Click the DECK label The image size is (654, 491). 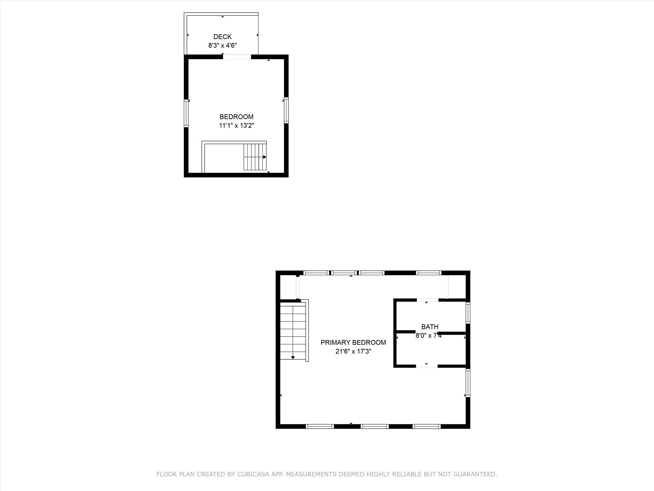[222, 37]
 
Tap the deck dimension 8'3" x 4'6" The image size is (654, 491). [222, 45]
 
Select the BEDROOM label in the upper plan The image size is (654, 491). [236, 117]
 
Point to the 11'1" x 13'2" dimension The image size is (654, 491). [236, 125]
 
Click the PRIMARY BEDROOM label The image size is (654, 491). [353, 342]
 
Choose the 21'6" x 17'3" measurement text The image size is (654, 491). [353, 351]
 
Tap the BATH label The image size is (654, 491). [430, 327]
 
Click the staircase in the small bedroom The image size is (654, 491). [255, 157]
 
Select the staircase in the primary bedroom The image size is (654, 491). [293, 332]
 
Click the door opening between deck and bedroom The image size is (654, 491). [237, 57]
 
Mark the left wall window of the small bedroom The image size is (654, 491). [186, 113]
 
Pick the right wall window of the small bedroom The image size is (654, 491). [286, 110]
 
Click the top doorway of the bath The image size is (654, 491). [427, 300]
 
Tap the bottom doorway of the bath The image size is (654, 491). [426, 366]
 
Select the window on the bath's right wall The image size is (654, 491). [468, 313]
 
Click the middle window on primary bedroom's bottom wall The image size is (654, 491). [374, 426]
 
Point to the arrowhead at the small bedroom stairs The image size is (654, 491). [264, 157]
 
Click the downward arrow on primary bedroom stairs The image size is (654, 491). [293, 358]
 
